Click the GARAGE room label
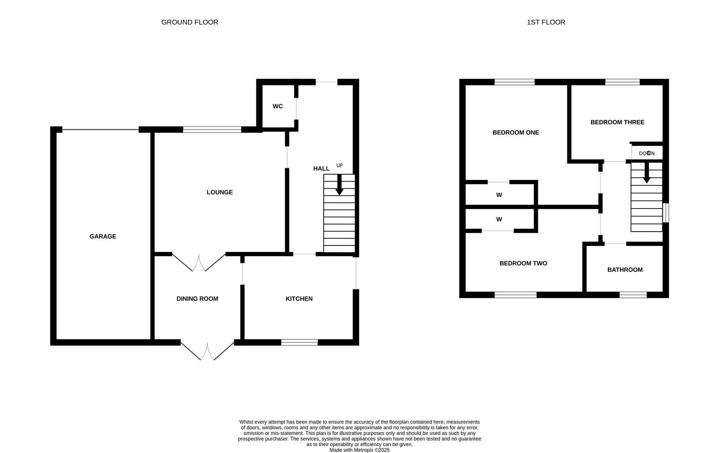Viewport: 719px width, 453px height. pyautogui.click(x=103, y=237)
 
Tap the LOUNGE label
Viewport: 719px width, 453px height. pyautogui.click(x=220, y=192)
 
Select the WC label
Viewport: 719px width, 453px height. pyautogui.click(x=277, y=106)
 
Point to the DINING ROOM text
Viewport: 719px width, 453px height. pyautogui.click(x=197, y=299)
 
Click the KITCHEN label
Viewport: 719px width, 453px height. pyautogui.click(x=299, y=299)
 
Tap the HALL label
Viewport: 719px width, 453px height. pyautogui.click(x=321, y=169)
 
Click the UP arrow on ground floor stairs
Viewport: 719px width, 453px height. pyautogui.click(x=339, y=185)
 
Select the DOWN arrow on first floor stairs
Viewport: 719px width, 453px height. pyautogui.click(x=647, y=172)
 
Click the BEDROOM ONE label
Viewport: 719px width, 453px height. pyautogui.click(x=515, y=133)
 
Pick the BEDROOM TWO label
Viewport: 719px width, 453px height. pyautogui.click(x=523, y=263)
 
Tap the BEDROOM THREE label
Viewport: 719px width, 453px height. pyautogui.click(x=617, y=122)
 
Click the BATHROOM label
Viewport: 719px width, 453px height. pyautogui.click(x=625, y=270)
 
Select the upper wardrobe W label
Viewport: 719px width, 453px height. pyautogui.click(x=499, y=195)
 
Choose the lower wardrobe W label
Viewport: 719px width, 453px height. pyautogui.click(x=499, y=219)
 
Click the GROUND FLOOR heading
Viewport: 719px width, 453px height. pyautogui.click(x=190, y=22)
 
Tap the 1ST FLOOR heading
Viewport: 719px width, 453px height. pyautogui.click(x=546, y=22)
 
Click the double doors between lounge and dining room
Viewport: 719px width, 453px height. pyautogui.click(x=199, y=262)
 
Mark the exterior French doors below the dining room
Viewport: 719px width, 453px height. pyautogui.click(x=207, y=351)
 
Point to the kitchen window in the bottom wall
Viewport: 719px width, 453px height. pyautogui.click(x=299, y=342)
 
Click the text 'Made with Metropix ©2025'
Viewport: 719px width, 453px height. pyautogui.click(x=359, y=450)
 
